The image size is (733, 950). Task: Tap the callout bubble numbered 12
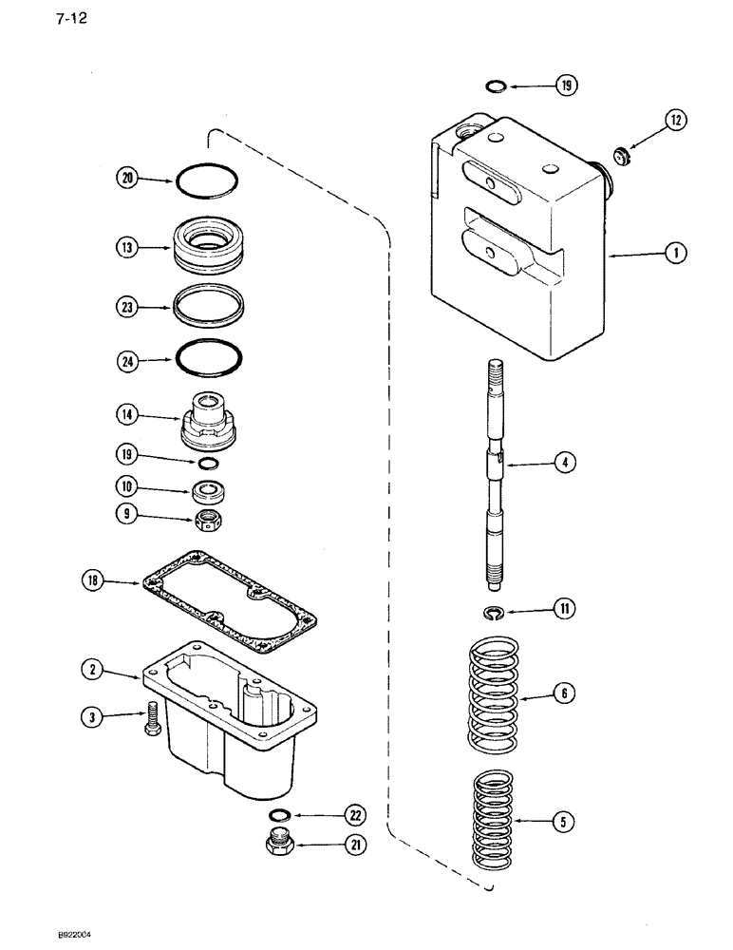click(x=675, y=121)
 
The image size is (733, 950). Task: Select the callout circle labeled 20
click(x=125, y=177)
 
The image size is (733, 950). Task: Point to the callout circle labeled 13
click(x=125, y=247)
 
